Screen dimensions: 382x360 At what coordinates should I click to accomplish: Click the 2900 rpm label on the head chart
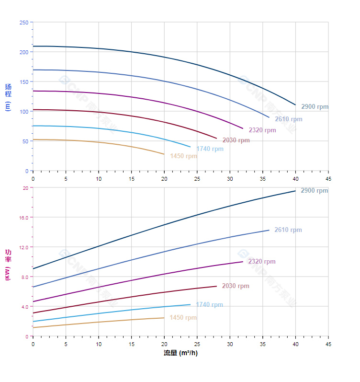(315, 106)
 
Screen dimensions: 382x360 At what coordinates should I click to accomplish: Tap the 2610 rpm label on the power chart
(288, 230)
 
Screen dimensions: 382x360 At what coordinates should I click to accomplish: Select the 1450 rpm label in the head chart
(183, 156)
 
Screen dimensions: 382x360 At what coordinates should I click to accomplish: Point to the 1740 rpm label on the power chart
(209, 305)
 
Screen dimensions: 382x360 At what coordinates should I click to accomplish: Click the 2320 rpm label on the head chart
(262, 130)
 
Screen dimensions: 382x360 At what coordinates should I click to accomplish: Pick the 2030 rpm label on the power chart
(236, 286)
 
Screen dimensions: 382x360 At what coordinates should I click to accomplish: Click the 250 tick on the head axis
(23, 23)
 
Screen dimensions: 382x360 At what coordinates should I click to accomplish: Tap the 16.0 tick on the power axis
(23, 217)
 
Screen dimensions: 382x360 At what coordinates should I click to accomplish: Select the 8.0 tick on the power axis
(25, 277)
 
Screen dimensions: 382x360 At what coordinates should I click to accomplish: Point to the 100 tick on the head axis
(23, 111)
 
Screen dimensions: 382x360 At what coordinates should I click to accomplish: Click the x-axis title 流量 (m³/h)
(180, 353)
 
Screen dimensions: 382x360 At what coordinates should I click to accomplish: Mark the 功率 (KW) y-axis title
(8, 264)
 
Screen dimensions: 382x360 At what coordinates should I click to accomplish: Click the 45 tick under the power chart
(328, 344)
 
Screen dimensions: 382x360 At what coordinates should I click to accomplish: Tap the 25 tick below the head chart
(197, 178)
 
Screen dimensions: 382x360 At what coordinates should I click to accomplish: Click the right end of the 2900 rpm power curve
(295, 191)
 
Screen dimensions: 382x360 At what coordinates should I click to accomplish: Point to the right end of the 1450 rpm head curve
(164, 154)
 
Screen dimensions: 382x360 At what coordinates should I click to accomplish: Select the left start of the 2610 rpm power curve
(33, 287)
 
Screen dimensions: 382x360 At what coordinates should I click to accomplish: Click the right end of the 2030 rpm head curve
(217, 139)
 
